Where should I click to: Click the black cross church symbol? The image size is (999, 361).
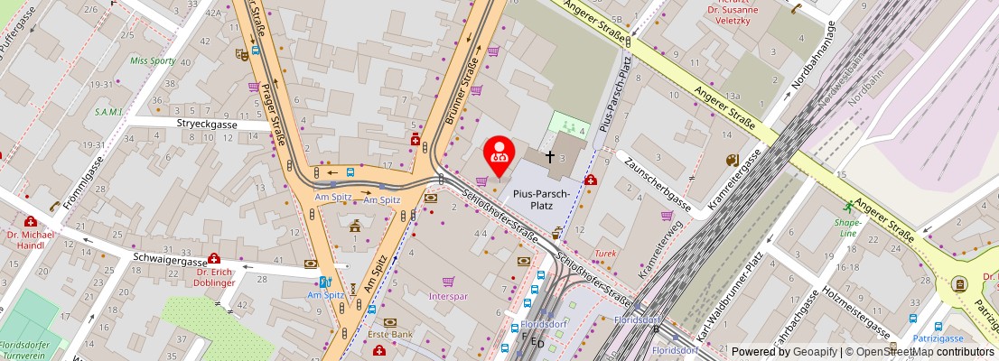tap(549, 157)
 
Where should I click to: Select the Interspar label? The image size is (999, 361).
tap(448, 296)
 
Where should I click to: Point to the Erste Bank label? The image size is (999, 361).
tap(390, 334)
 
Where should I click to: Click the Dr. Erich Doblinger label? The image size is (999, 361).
tap(215, 277)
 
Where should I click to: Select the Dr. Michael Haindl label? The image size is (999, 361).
tap(32, 240)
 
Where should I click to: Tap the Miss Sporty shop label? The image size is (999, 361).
tap(154, 60)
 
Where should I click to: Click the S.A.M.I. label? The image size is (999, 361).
tap(115, 112)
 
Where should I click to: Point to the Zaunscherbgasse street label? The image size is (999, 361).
tap(658, 186)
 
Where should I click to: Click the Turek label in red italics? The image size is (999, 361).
tap(605, 254)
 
